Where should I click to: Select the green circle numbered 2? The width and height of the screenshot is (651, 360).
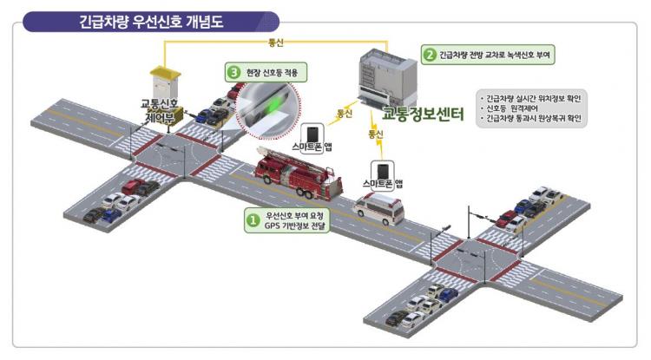(x=429, y=55)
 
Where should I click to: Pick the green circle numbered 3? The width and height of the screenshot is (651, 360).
(x=233, y=72)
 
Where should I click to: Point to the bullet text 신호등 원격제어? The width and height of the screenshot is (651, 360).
(x=517, y=108)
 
